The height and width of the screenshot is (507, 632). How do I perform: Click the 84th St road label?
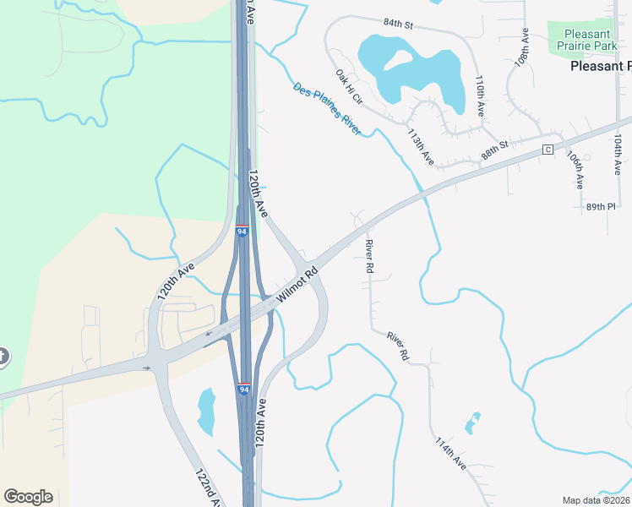click(x=396, y=24)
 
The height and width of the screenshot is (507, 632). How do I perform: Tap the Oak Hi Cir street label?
click(x=348, y=86)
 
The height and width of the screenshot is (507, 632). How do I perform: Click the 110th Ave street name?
click(x=480, y=95)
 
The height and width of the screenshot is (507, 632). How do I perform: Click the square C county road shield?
click(x=548, y=150)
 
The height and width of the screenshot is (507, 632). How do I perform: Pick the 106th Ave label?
click(x=575, y=170)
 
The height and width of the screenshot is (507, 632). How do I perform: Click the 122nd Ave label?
click(x=209, y=488)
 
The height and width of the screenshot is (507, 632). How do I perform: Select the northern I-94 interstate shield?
click(x=242, y=231)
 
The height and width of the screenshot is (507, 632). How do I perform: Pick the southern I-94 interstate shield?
click(x=243, y=390)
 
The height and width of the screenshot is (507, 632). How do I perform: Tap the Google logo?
click(x=28, y=497)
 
